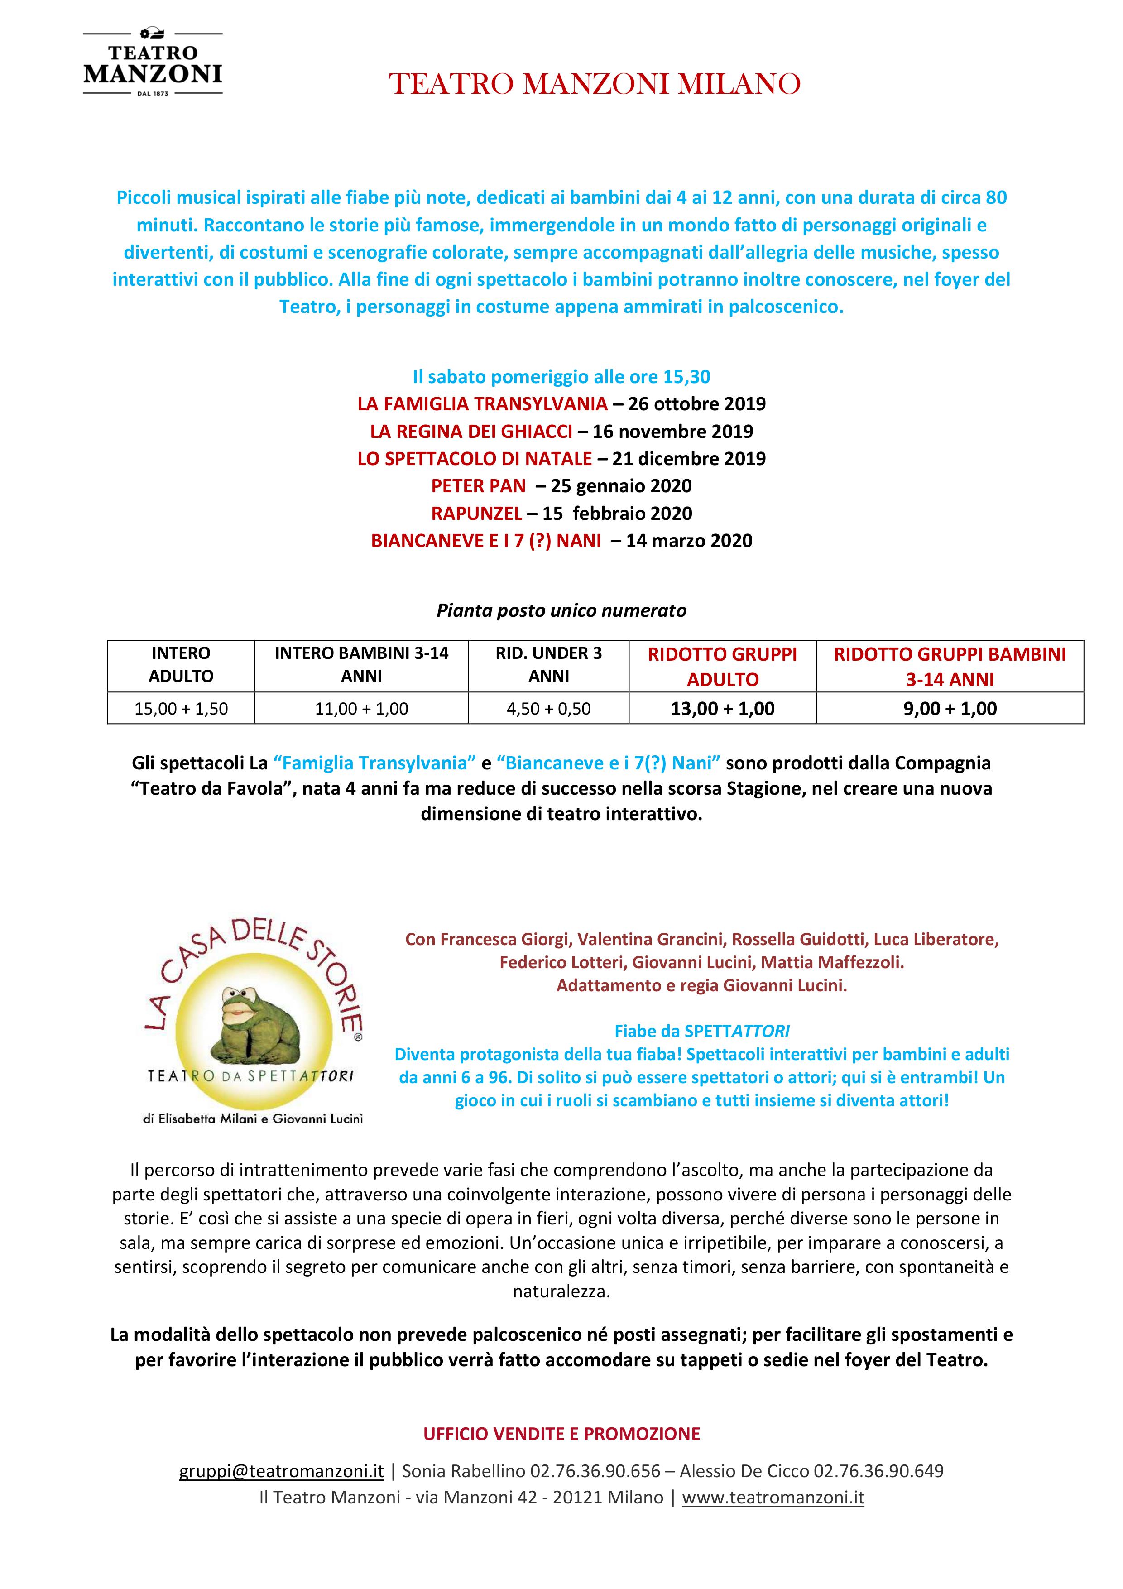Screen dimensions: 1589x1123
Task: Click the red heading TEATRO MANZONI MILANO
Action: coord(595,84)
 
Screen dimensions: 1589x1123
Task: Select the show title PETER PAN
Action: coord(478,486)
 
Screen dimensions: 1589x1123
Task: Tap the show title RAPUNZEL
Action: coord(475,514)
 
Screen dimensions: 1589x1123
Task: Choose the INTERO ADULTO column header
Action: coord(181,664)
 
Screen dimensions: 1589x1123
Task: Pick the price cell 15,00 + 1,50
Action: coord(181,709)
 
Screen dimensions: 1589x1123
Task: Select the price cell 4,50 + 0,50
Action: coord(549,709)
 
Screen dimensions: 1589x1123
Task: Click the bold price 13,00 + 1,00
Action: coord(722,709)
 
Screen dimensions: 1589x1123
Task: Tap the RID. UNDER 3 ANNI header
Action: coord(549,664)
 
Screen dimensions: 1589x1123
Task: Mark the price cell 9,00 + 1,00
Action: coord(950,709)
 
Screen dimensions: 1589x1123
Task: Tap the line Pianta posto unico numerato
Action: coord(561,610)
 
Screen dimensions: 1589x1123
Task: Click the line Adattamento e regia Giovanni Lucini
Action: coord(701,985)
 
